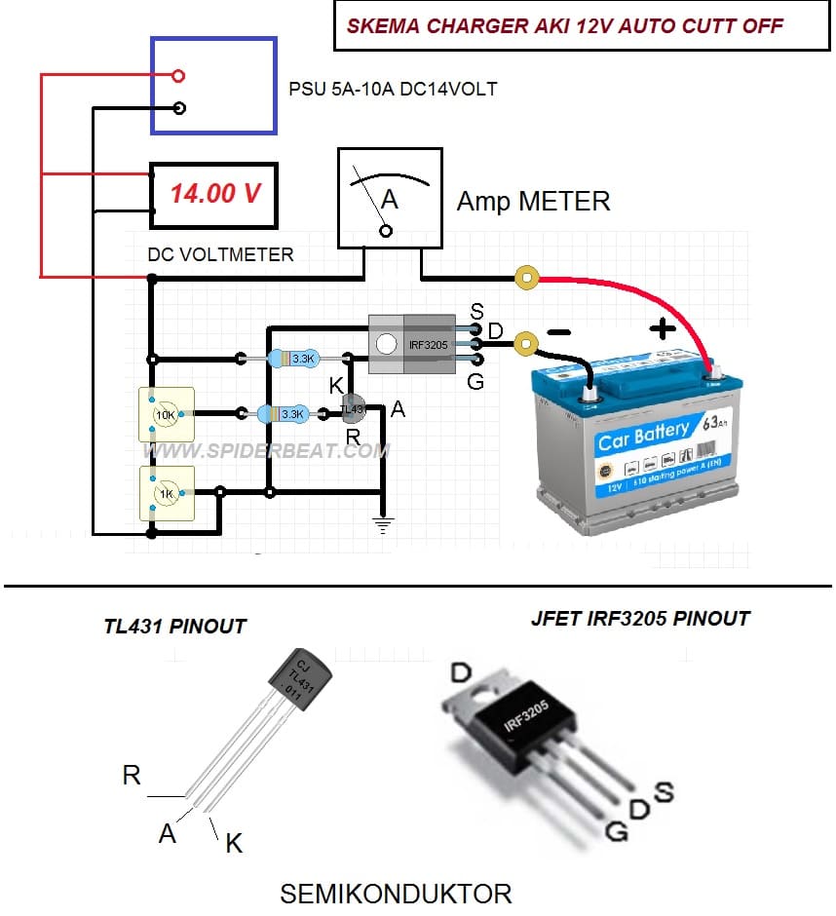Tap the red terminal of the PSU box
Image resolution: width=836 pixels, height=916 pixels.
[177, 76]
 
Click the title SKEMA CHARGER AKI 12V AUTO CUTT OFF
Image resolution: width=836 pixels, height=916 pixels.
[558, 26]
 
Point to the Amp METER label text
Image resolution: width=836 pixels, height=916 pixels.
[534, 202]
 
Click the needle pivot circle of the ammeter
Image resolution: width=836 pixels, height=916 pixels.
[386, 231]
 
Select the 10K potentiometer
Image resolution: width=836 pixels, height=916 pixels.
[167, 414]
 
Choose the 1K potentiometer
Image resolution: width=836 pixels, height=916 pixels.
[167, 492]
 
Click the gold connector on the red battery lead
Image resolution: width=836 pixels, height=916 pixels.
[528, 280]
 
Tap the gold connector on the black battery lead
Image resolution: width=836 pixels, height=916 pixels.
[526, 343]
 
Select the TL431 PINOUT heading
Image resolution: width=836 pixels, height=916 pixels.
[175, 626]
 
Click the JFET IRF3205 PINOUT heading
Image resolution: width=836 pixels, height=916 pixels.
[640, 618]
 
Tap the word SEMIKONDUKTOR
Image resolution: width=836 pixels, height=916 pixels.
[396, 893]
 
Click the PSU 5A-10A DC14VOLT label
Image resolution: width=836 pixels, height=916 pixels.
[393, 89]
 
